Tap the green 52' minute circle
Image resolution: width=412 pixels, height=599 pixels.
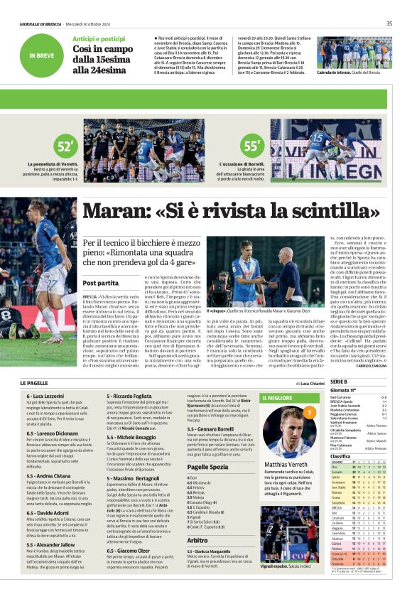65,147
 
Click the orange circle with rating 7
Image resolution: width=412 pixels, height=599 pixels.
309,412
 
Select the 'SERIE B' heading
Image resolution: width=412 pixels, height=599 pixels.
338,383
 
